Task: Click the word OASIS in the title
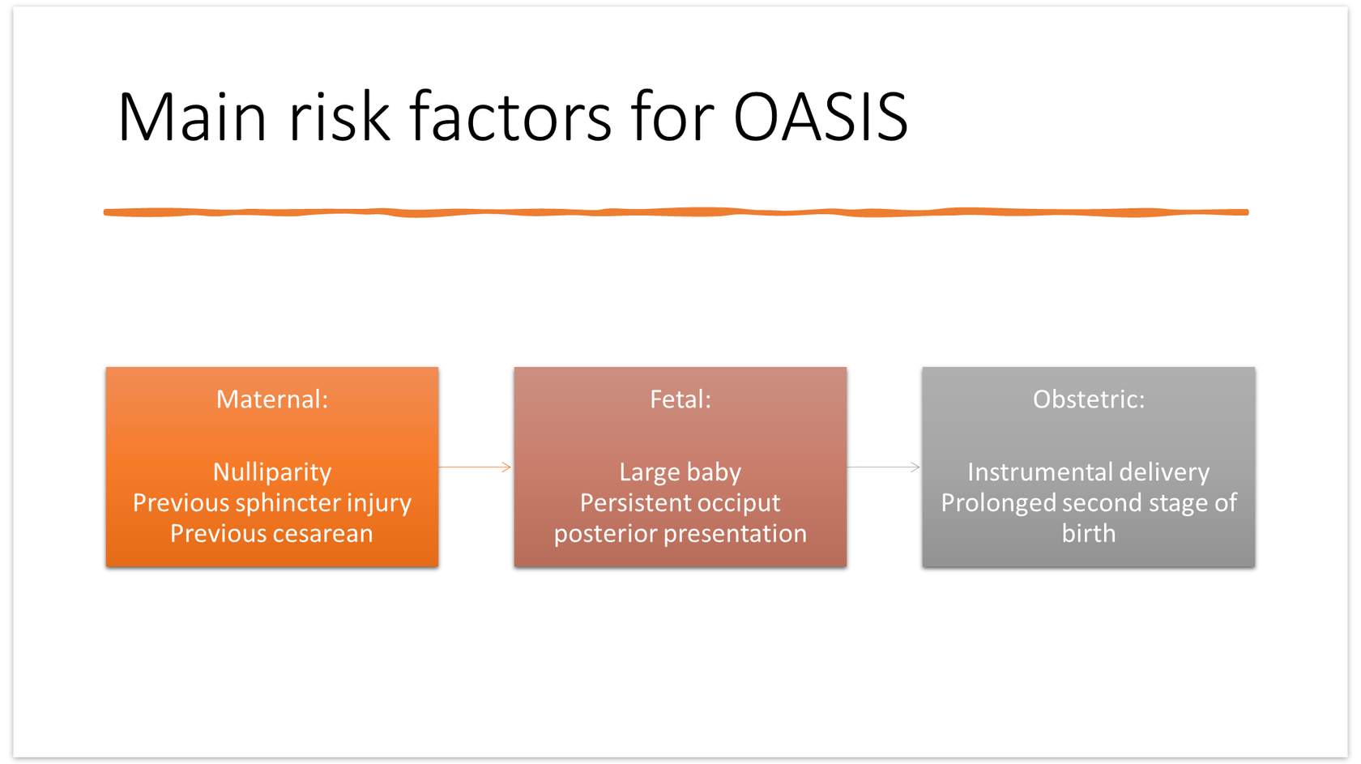(x=820, y=116)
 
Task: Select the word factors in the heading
(x=510, y=116)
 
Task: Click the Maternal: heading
(x=272, y=399)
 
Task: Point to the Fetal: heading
(x=680, y=399)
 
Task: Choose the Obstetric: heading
(x=1089, y=399)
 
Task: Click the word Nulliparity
(x=272, y=473)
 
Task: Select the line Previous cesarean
(x=271, y=534)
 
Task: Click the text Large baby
(x=680, y=473)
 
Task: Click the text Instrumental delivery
(x=1089, y=473)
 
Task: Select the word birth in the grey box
(x=1089, y=534)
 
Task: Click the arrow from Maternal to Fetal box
(x=475, y=467)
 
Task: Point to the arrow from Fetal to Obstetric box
(x=884, y=467)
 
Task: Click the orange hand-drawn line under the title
(x=676, y=212)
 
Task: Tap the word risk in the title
(x=339, y=116)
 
